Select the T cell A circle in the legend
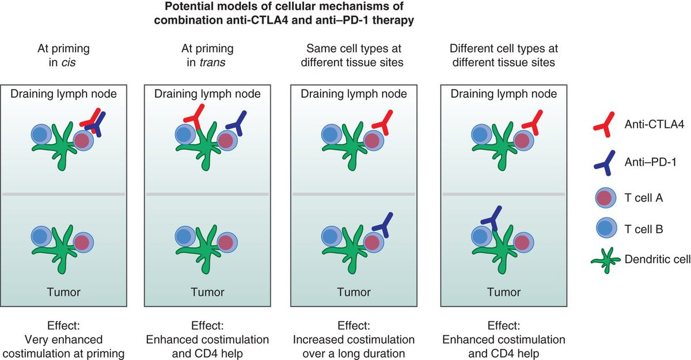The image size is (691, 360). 602,196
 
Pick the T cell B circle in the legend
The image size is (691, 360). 602,229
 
